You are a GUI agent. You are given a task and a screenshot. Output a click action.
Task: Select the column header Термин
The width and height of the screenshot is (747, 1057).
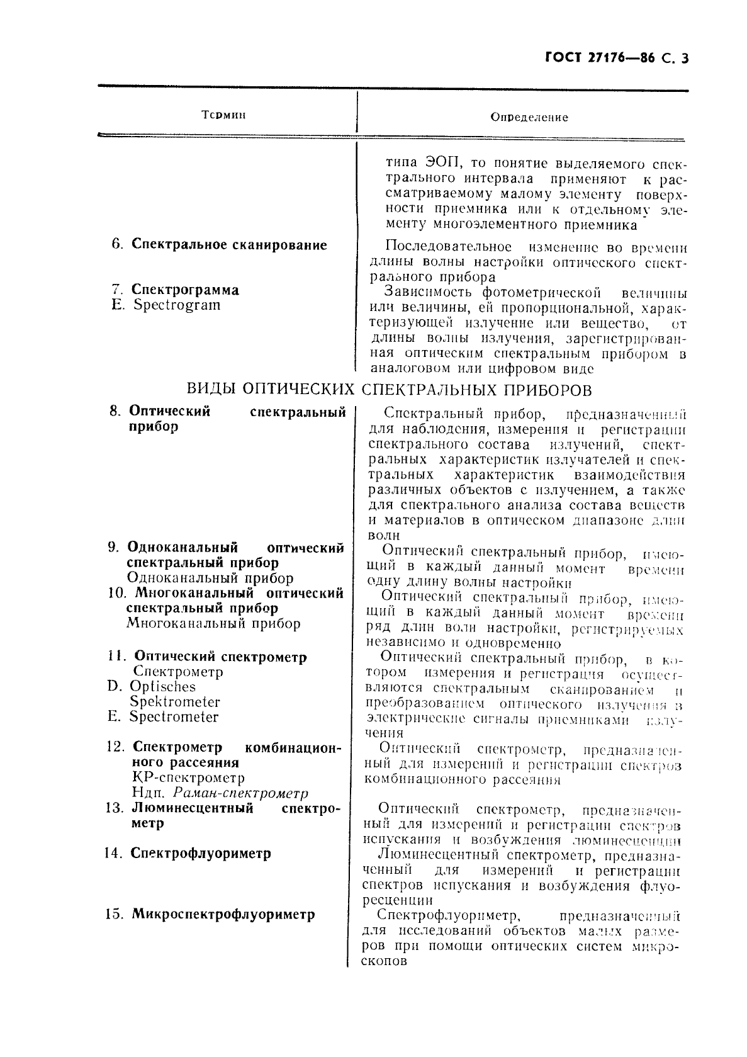(223, 115)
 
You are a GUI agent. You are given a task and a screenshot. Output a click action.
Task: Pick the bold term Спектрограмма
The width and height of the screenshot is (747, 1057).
(185, 290)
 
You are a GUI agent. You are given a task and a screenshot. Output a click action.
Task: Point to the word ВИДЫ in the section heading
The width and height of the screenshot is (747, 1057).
(212, 390)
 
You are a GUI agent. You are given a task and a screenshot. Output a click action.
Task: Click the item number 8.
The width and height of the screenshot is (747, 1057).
(115, 412)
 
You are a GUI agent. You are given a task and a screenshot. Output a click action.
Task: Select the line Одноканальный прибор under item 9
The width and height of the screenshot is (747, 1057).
(210, 578)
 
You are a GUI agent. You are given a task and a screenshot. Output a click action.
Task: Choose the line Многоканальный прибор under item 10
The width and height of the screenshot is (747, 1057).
(213, 624)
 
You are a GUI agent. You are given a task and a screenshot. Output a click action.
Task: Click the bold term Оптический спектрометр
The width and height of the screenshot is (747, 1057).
(221, 657)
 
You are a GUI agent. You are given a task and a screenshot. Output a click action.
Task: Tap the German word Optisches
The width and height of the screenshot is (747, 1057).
(162, 687)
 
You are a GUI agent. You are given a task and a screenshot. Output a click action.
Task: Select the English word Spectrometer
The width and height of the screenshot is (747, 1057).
(174, 717)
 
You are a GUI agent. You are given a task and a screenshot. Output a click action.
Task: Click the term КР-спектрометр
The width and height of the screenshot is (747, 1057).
(189, 778)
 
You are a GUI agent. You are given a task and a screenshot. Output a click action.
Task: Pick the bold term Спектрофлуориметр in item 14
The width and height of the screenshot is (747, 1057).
(201, 854)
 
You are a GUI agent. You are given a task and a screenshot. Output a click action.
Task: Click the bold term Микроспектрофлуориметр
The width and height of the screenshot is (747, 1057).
(223, 914)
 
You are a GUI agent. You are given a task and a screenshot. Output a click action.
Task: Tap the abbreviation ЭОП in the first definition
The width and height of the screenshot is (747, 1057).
(437, 164)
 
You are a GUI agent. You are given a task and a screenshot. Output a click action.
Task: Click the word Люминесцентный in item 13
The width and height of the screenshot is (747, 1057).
(193, 808)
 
